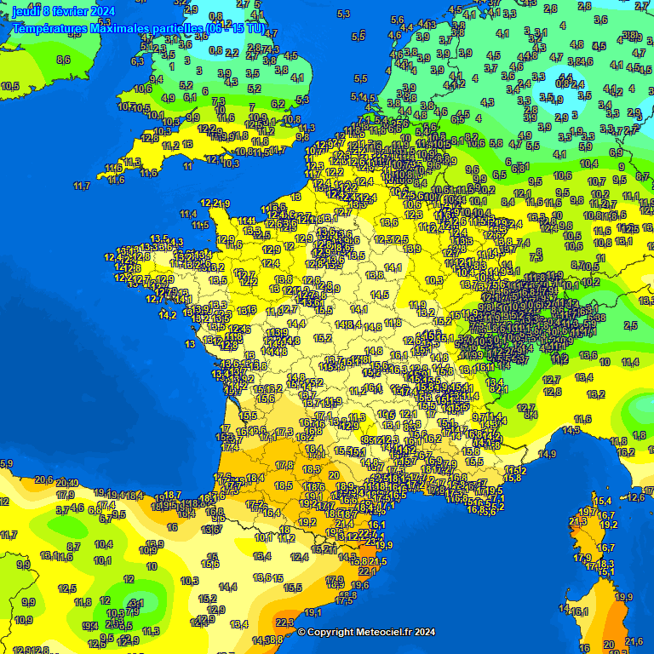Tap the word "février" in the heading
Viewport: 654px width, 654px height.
click(x=68, y=10)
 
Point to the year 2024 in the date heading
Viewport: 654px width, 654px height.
click(x=100, y=10)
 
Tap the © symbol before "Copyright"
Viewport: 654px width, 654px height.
click(x=301, y=632)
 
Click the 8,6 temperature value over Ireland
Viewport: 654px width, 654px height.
click(x=63, y=60)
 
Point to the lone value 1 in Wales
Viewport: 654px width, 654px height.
click(x=173, y=66)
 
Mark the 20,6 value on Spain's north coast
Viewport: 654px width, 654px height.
click(x=44, y=480)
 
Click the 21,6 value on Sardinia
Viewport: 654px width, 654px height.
click(x=634, y=641)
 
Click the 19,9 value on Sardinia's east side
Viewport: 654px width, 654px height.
click(x=624, y=597)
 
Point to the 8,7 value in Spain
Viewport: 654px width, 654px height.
click(x=73, y=547)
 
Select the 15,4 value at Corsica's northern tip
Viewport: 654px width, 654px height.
click(x=604, y=501)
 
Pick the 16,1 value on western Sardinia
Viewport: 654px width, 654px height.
click(x=580, y=611)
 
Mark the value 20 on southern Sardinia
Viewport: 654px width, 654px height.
click(x=608, y=644)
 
